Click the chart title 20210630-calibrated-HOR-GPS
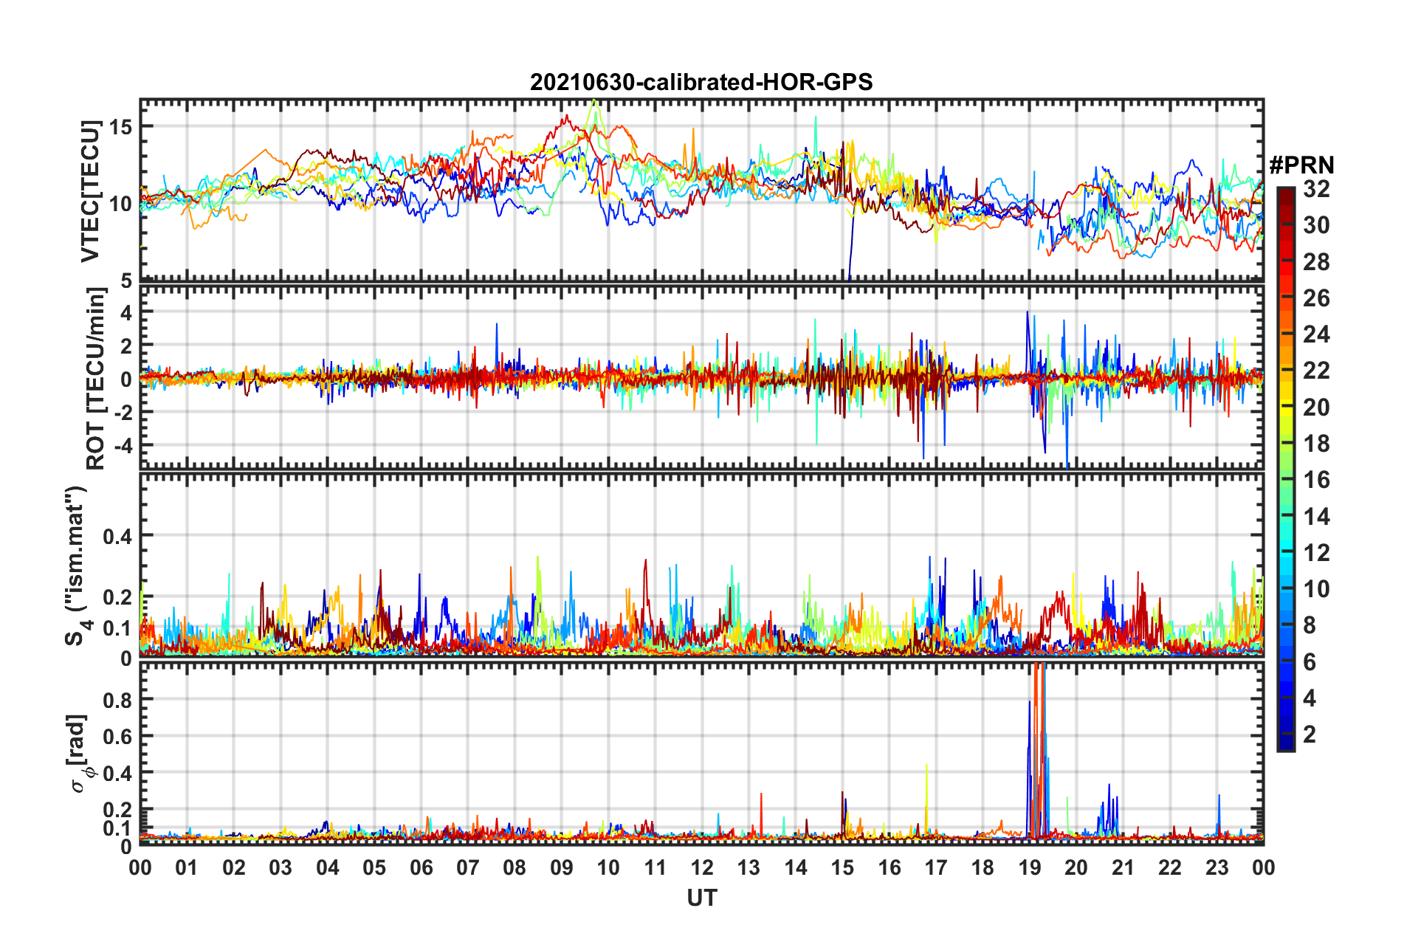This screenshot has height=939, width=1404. tap(701, 82)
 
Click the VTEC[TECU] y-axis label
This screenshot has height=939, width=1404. tap(90, 191)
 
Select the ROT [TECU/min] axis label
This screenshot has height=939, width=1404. tap(96, 379)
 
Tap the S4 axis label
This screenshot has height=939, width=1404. tap(77, 566)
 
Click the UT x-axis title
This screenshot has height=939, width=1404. tap(701, 898)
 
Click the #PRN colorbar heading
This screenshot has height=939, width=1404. tap(1301, 165)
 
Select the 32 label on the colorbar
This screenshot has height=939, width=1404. tap(1316, 189)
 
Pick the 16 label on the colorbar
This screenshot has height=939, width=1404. tap(1316, 480)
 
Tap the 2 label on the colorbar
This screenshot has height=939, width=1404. tap(1310, 734)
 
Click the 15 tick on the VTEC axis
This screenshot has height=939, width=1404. tap(120, 127)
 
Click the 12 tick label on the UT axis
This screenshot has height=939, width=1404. tap(702, 867)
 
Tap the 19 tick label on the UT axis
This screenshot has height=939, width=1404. tap(1030, 867)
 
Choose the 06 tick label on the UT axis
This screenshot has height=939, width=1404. tap(421, 867)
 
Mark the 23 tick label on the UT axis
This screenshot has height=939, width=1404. tap(1217, 867)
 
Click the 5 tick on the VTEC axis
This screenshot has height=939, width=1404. tap(126, 281)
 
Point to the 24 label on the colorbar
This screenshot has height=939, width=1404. tap(1316, 334)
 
